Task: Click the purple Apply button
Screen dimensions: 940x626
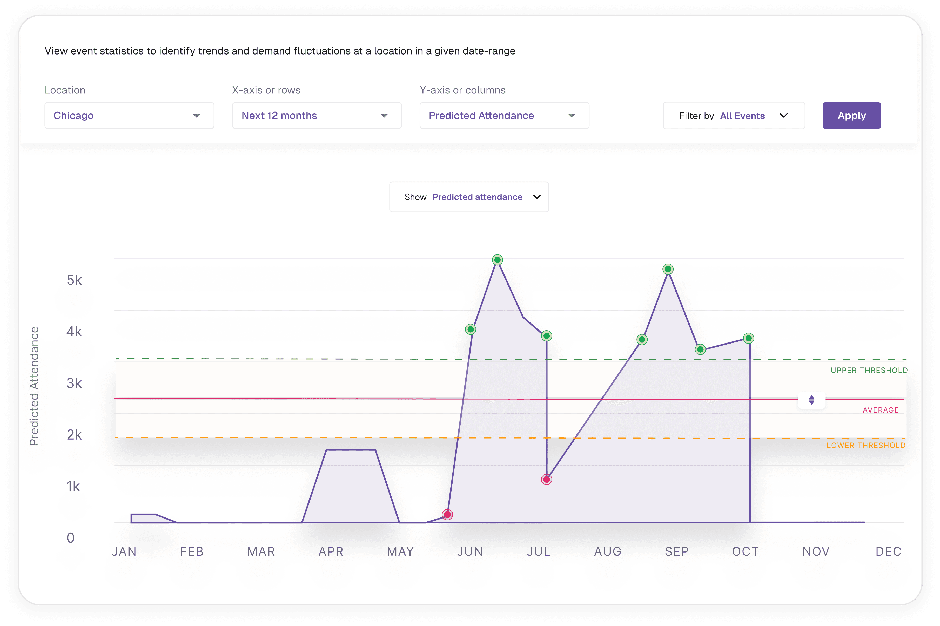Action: [851, 115]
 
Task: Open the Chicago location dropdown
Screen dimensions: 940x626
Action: [129, 115]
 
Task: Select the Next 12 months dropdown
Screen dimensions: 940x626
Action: [317, 115]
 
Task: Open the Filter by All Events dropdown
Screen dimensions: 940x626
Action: [734, 115]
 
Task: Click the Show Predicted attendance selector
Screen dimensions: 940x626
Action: [469, 197]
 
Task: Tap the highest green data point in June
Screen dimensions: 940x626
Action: [497, 260]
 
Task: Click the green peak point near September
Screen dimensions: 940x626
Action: [668, 269]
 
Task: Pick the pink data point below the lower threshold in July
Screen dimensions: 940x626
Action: [546, 480]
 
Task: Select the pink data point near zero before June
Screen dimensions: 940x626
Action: [447, 515]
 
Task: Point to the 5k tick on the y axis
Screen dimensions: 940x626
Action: [74, 280]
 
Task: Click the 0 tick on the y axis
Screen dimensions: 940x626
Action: [71, 538]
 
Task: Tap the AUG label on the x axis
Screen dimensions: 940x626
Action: [608, 551]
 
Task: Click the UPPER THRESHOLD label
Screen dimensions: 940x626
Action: [869, 370]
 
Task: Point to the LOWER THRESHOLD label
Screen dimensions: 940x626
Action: [866, 445]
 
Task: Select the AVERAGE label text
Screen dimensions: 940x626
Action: [881, 410]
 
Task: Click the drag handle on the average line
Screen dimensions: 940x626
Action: [811, 400]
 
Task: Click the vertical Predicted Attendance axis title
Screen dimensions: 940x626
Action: [34, 386]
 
